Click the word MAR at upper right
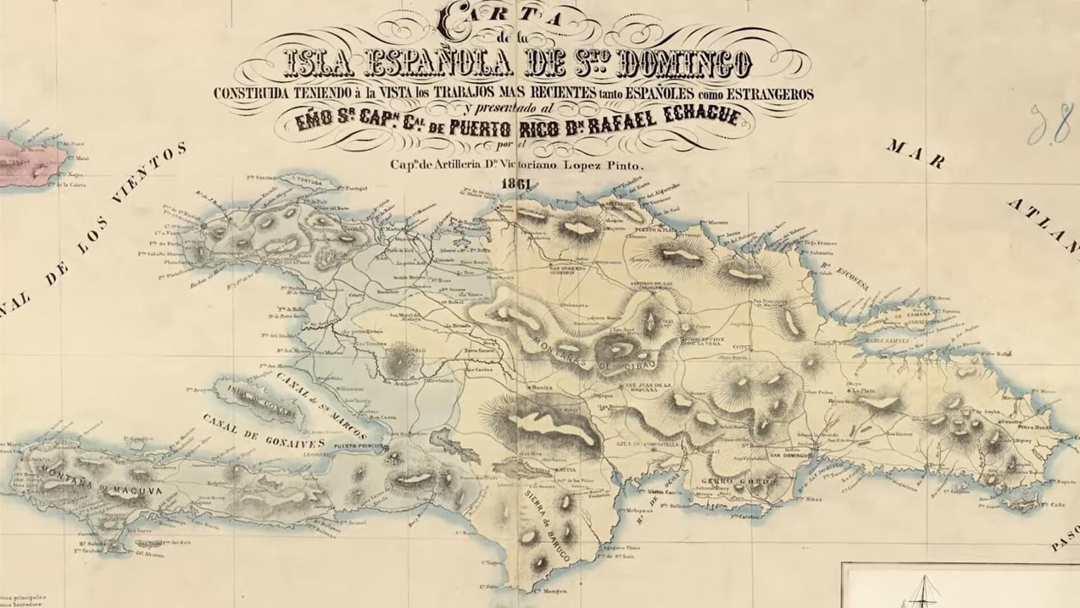coord(915,154)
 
